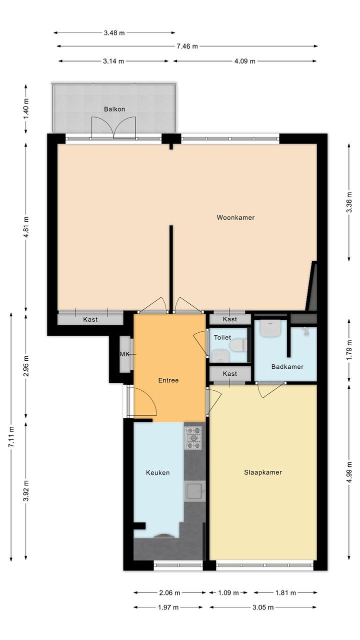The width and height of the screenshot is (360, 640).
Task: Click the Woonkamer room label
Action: (235, 218)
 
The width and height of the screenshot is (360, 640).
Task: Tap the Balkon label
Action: (114, 109)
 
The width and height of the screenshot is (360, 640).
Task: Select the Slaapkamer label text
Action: (262, 472)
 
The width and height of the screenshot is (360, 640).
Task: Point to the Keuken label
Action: (157, 472)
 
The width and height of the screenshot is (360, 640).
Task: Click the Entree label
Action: (168, 380)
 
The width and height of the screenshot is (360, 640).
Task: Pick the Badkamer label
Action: (287, 367)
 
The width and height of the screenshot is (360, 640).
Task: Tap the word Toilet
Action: (222, 337)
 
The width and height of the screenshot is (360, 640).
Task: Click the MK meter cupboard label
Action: (124, 354)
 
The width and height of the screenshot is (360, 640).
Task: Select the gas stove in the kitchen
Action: (193, 437)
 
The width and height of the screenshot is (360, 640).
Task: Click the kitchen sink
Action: (194, 491)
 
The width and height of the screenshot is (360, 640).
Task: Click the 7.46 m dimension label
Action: (187, 46)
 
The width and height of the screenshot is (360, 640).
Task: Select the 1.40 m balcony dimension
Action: (26, 109)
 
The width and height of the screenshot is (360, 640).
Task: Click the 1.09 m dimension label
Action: (228, 593)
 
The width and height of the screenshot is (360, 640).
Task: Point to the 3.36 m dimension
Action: (349, 202)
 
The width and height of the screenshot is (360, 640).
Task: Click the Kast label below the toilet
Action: (230, 374)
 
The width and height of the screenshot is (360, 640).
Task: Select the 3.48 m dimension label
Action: (114, 33)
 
